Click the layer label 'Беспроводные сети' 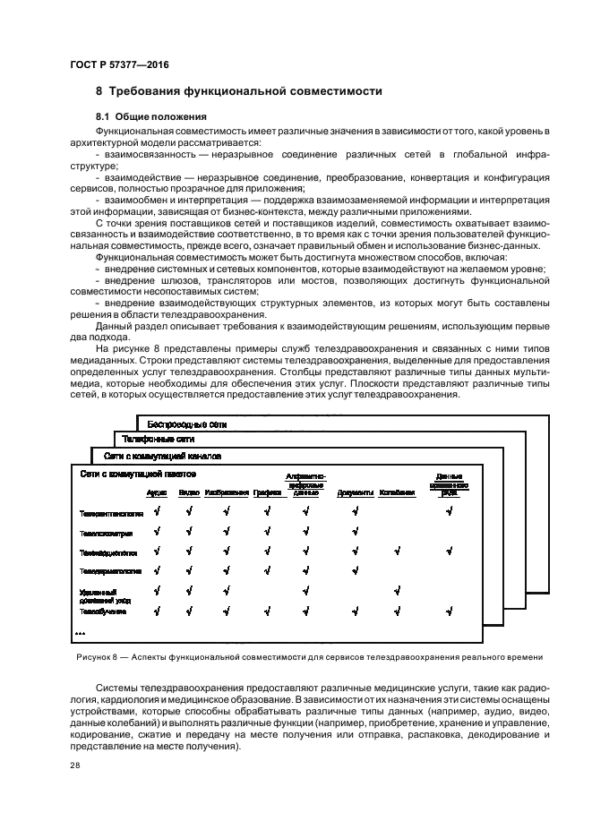186,423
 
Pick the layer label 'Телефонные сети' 159,440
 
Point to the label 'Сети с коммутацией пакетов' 138,473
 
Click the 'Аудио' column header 156,492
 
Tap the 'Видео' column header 188,492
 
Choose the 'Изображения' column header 227,492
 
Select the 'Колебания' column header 397,492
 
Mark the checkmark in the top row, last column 449,511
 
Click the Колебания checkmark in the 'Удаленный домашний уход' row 397,590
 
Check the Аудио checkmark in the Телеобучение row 157,611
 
